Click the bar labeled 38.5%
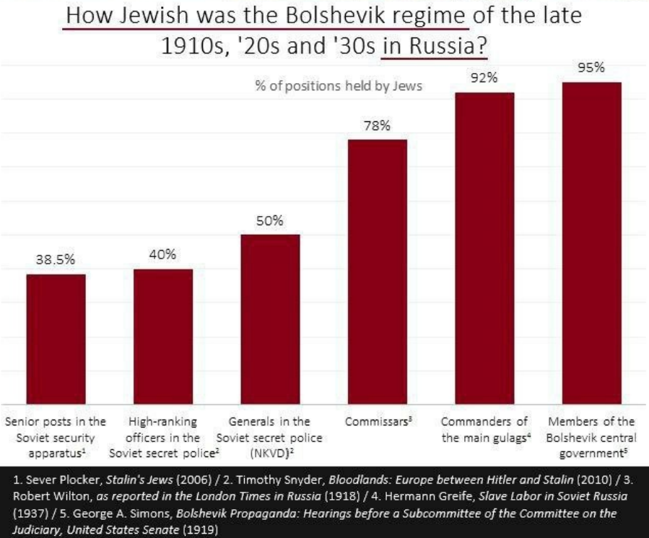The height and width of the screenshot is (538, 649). point(56,339)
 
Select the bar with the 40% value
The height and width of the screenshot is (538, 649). point(162,337)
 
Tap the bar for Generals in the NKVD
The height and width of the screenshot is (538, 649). point(269,319)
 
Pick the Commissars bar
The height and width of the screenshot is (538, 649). point(377,272)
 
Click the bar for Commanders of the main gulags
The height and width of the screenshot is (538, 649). point(484,248)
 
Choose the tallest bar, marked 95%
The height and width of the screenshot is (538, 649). point(591,243)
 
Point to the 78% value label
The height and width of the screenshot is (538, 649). point(377,126)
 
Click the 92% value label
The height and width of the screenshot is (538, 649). point(484,79)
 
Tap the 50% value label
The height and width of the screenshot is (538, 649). point(269,221)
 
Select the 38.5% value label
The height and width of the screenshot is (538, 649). point(56,261)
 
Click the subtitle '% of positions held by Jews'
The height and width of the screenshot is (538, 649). point(339,87)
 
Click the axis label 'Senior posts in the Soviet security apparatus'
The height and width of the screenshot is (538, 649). point(56,437)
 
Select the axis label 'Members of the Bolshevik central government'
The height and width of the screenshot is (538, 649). point(591,437)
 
